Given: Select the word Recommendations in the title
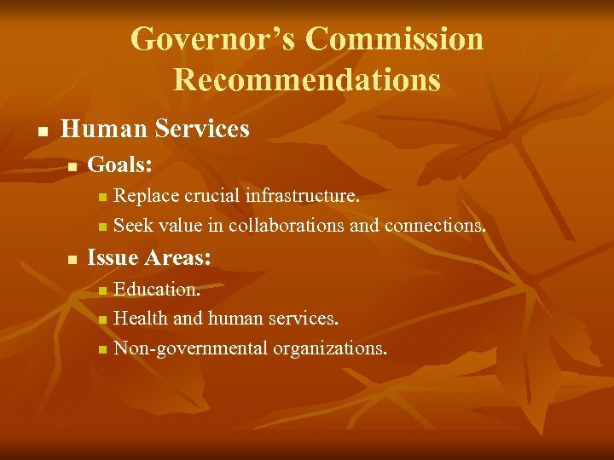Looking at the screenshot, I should pos(307,80).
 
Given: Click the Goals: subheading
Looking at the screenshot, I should pos(120,164).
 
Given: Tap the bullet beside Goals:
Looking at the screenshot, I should pos(73,166).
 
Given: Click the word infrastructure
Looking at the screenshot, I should pos(302,196).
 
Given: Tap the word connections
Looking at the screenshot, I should pos(436,226).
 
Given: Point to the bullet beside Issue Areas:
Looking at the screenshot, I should pos(73,259).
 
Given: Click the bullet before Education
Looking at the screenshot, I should pos(102,291).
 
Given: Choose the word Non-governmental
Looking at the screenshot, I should pos(191,348).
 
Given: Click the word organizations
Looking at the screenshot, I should pos(330,348).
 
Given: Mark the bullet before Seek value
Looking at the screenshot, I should pos(102,228).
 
